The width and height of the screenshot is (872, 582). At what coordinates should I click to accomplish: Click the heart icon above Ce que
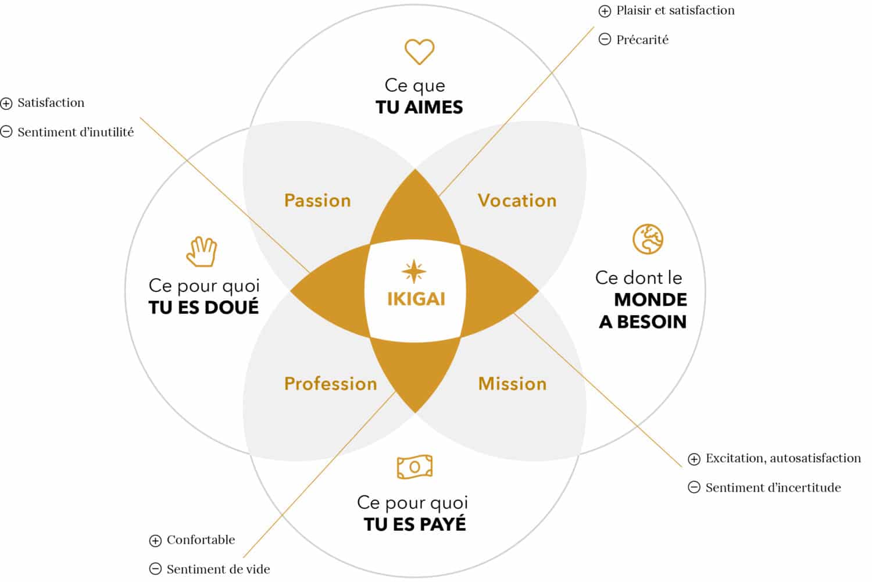(419, 51)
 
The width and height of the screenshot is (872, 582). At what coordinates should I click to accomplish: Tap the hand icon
(202, 252)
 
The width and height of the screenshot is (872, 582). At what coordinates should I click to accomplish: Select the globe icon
(648, 239)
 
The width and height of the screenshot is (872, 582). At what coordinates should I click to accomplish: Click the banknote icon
(414, 467)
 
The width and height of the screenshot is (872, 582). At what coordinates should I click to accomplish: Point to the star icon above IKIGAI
(414, 272)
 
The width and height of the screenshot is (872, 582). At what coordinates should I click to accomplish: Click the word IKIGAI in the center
(416, 299)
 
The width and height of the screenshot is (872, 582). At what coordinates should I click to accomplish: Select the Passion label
(317, 201)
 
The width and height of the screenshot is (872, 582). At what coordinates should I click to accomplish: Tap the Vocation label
(517, 201)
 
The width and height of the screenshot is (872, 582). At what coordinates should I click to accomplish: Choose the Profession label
(331, 384)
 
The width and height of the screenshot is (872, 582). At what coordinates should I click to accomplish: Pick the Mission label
(512, 384)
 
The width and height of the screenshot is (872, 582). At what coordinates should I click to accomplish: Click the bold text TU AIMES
(419, 108)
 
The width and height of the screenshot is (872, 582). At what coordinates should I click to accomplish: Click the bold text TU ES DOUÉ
(203, 307)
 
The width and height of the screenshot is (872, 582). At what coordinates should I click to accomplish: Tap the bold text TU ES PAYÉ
(415, 524)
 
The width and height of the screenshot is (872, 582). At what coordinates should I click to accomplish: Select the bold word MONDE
(651, 300)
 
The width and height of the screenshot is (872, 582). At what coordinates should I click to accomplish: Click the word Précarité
(642, 40)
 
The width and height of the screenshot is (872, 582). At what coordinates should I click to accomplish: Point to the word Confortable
(201, 540)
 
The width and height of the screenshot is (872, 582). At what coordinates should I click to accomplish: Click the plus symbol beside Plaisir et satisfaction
(605, 11)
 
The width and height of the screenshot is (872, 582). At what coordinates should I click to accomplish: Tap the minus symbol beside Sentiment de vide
(155, 569)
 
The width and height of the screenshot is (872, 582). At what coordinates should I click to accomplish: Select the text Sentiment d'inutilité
(76, 133)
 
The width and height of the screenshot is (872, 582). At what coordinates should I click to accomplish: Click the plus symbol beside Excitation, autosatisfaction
(694, 459)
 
